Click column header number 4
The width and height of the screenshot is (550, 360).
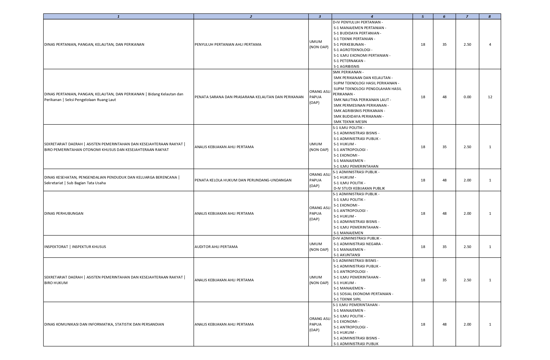point(372,17)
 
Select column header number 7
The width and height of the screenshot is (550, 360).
point(467,17)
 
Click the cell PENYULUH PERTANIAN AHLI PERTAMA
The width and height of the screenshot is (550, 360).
point(228,44)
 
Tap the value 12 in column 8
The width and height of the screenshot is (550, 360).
point(490,97)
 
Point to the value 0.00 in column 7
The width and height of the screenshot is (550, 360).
point(467,97)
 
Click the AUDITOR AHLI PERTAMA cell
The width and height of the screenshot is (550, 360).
point(216,247)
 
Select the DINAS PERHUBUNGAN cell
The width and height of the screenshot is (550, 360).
point(64,213)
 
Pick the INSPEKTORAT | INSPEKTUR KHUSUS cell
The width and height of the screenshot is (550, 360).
point(75,247)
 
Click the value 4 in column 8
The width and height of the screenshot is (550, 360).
point(490,44)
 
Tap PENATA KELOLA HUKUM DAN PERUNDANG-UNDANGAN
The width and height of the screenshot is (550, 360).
point(243,180)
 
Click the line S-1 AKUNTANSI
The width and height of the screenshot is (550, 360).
point(347,255)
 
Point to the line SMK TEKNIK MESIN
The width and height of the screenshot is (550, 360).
point(350,122)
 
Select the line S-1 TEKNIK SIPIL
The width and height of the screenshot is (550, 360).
point(347,299)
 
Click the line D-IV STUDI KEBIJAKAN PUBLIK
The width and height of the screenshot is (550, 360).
point(359,188)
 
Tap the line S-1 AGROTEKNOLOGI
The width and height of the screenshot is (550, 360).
point(353,50)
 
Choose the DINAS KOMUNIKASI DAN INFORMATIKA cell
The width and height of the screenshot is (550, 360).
point(104,324)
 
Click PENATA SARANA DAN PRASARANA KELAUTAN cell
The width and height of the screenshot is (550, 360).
point(249,97)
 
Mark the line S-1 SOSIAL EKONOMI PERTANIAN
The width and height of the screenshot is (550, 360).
point(363,294)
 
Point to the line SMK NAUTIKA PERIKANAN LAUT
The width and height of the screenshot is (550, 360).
point(362,100)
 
